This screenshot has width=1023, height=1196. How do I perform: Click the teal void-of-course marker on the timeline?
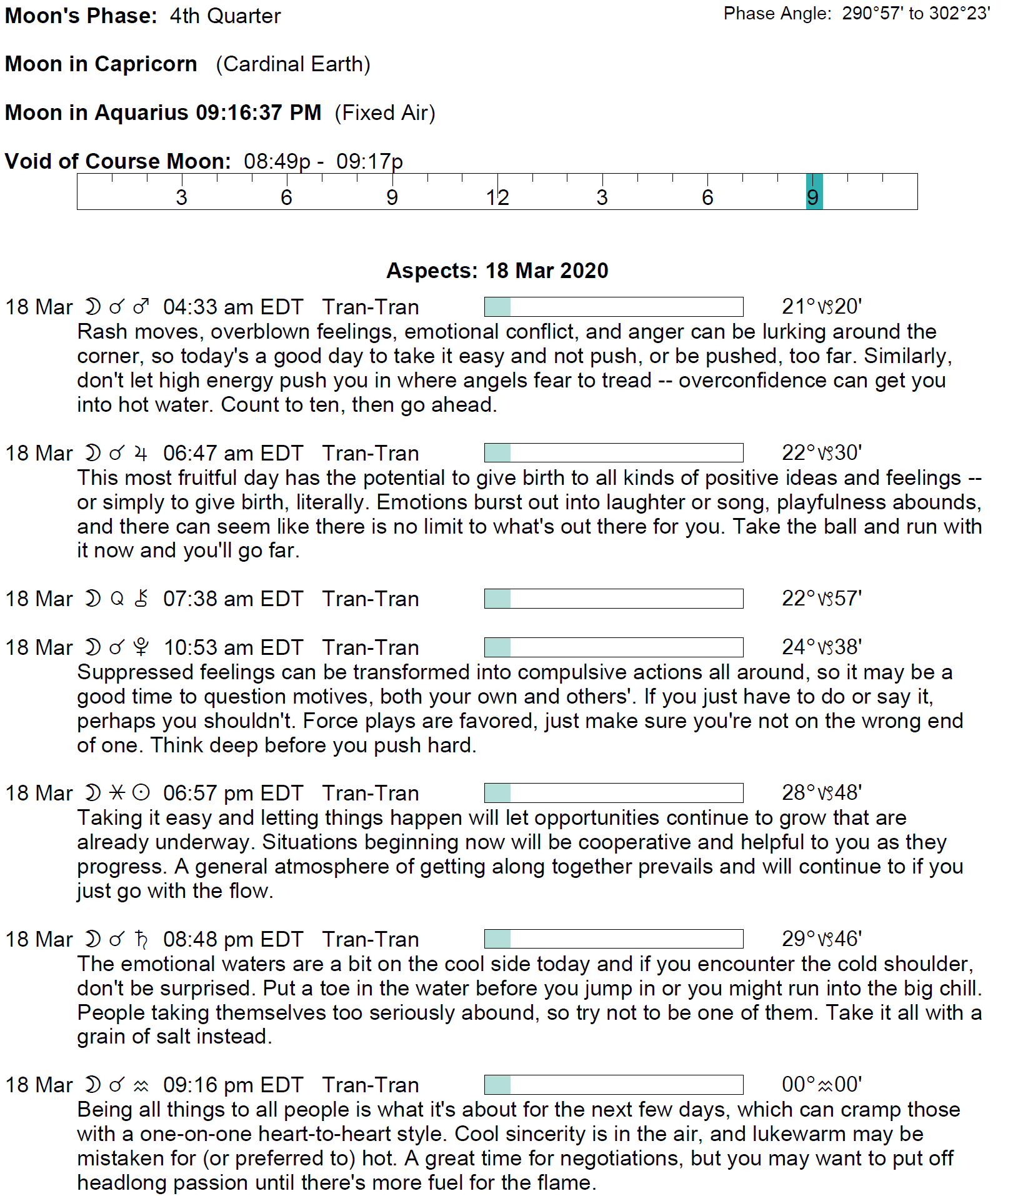(814, 192)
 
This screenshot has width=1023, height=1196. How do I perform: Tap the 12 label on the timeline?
(497, 197)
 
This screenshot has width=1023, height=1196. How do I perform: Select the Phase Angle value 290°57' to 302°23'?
(916, 14)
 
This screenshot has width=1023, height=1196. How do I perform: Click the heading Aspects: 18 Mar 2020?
(497, 271)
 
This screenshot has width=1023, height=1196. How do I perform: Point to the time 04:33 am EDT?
(232, 307)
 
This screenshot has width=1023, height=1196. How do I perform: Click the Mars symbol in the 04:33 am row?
(141, 307)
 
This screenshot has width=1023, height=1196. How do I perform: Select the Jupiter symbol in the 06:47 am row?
(141, 453)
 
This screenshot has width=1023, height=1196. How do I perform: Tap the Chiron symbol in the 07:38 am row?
(141, 599)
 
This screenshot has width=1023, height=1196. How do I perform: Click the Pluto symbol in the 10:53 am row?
(141, 647)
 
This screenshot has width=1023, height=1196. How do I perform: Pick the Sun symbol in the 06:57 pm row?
(141, 793)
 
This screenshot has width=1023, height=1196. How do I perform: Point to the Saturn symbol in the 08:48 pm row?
(141, 939)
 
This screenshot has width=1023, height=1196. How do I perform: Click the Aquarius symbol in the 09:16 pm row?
(141, 1085)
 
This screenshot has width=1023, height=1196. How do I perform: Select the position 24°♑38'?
(821, 647)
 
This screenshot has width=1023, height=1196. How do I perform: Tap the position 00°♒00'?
(821, 1085)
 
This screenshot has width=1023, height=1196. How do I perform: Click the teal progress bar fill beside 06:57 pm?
(497, 793)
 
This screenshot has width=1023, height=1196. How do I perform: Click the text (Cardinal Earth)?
(293, 64)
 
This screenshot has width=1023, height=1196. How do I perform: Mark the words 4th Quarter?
(225, 16)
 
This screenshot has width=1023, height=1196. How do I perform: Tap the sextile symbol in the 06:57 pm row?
(117, 793)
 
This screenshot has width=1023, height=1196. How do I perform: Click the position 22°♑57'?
(821, 599)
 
